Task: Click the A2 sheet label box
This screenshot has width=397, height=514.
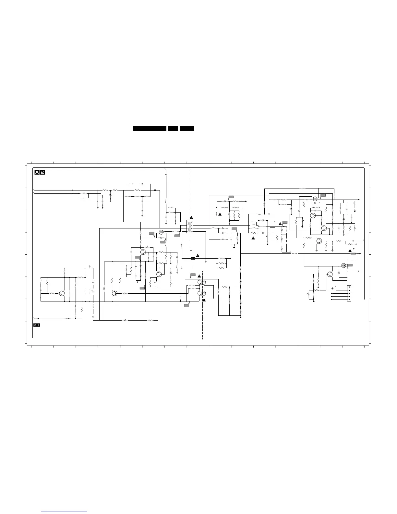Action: point(40,172)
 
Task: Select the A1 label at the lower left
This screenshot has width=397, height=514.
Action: point(37,325)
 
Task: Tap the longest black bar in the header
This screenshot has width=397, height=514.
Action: point(150,128)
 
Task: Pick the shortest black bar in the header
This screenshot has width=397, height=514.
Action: point(173,128)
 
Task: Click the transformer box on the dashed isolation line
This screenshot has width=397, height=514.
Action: point(190,226)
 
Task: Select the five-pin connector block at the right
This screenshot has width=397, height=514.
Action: point(349,293)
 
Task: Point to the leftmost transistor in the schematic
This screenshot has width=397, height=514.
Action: point(62,293)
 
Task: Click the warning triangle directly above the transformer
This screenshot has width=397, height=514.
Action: point(191,217)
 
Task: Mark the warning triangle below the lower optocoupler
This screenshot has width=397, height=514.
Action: point(204,300)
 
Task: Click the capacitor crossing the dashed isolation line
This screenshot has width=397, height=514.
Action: point(193,258)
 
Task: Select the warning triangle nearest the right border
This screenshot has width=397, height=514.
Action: point(350,251)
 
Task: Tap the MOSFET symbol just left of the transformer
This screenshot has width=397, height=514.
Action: point(161,232)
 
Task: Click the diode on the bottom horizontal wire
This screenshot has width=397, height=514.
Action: point(125,320)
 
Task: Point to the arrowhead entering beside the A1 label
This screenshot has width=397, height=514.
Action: point(39,319)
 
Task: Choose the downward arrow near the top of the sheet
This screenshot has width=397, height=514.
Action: point(166,175)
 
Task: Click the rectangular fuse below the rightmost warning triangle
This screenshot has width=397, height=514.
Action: point(353,254)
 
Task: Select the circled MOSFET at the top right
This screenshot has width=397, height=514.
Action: point(315,198)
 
